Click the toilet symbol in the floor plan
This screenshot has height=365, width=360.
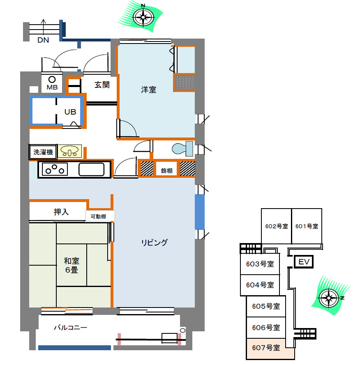click(182, 149)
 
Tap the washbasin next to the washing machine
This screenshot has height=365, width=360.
click(70, 151)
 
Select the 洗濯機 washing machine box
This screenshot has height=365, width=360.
click(43, 152)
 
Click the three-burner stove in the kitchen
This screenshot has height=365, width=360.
click(55, 169)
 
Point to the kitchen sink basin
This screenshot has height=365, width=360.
click(91, 169)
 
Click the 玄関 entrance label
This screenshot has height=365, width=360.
click(102, 85)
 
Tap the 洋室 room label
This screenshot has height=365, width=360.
click(148, 90)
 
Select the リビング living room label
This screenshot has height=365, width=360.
click(155, 242)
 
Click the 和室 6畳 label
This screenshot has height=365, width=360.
click(72, 265)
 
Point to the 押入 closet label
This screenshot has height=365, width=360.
click(61, 212)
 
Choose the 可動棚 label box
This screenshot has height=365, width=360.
click(100, 216)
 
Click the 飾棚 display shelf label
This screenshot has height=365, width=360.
click(166, 171)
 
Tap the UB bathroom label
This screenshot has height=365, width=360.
click(70, 112)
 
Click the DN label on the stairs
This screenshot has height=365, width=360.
click(43, 40)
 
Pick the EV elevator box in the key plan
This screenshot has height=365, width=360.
click(304, 262)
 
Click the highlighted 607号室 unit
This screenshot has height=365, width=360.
click(271, 349)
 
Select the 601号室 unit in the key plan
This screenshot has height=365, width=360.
click(307, 226)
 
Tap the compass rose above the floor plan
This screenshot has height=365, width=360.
click(143, 17)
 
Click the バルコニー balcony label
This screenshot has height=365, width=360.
click(70, 328)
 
